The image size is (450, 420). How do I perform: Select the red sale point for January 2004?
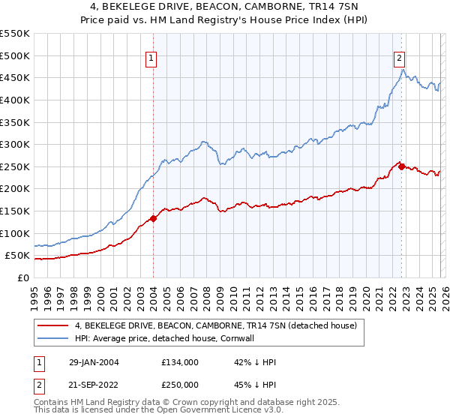click(153, 218)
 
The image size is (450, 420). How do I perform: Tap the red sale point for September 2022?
click(402, 166)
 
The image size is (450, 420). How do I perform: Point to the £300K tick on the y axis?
click(15, 144)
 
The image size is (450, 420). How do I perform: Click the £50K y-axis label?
click(18, 256)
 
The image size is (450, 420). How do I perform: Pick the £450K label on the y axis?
click(15, 77)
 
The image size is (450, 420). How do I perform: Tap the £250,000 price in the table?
click(179, 384)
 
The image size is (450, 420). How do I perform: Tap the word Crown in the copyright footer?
click(172, 403)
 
